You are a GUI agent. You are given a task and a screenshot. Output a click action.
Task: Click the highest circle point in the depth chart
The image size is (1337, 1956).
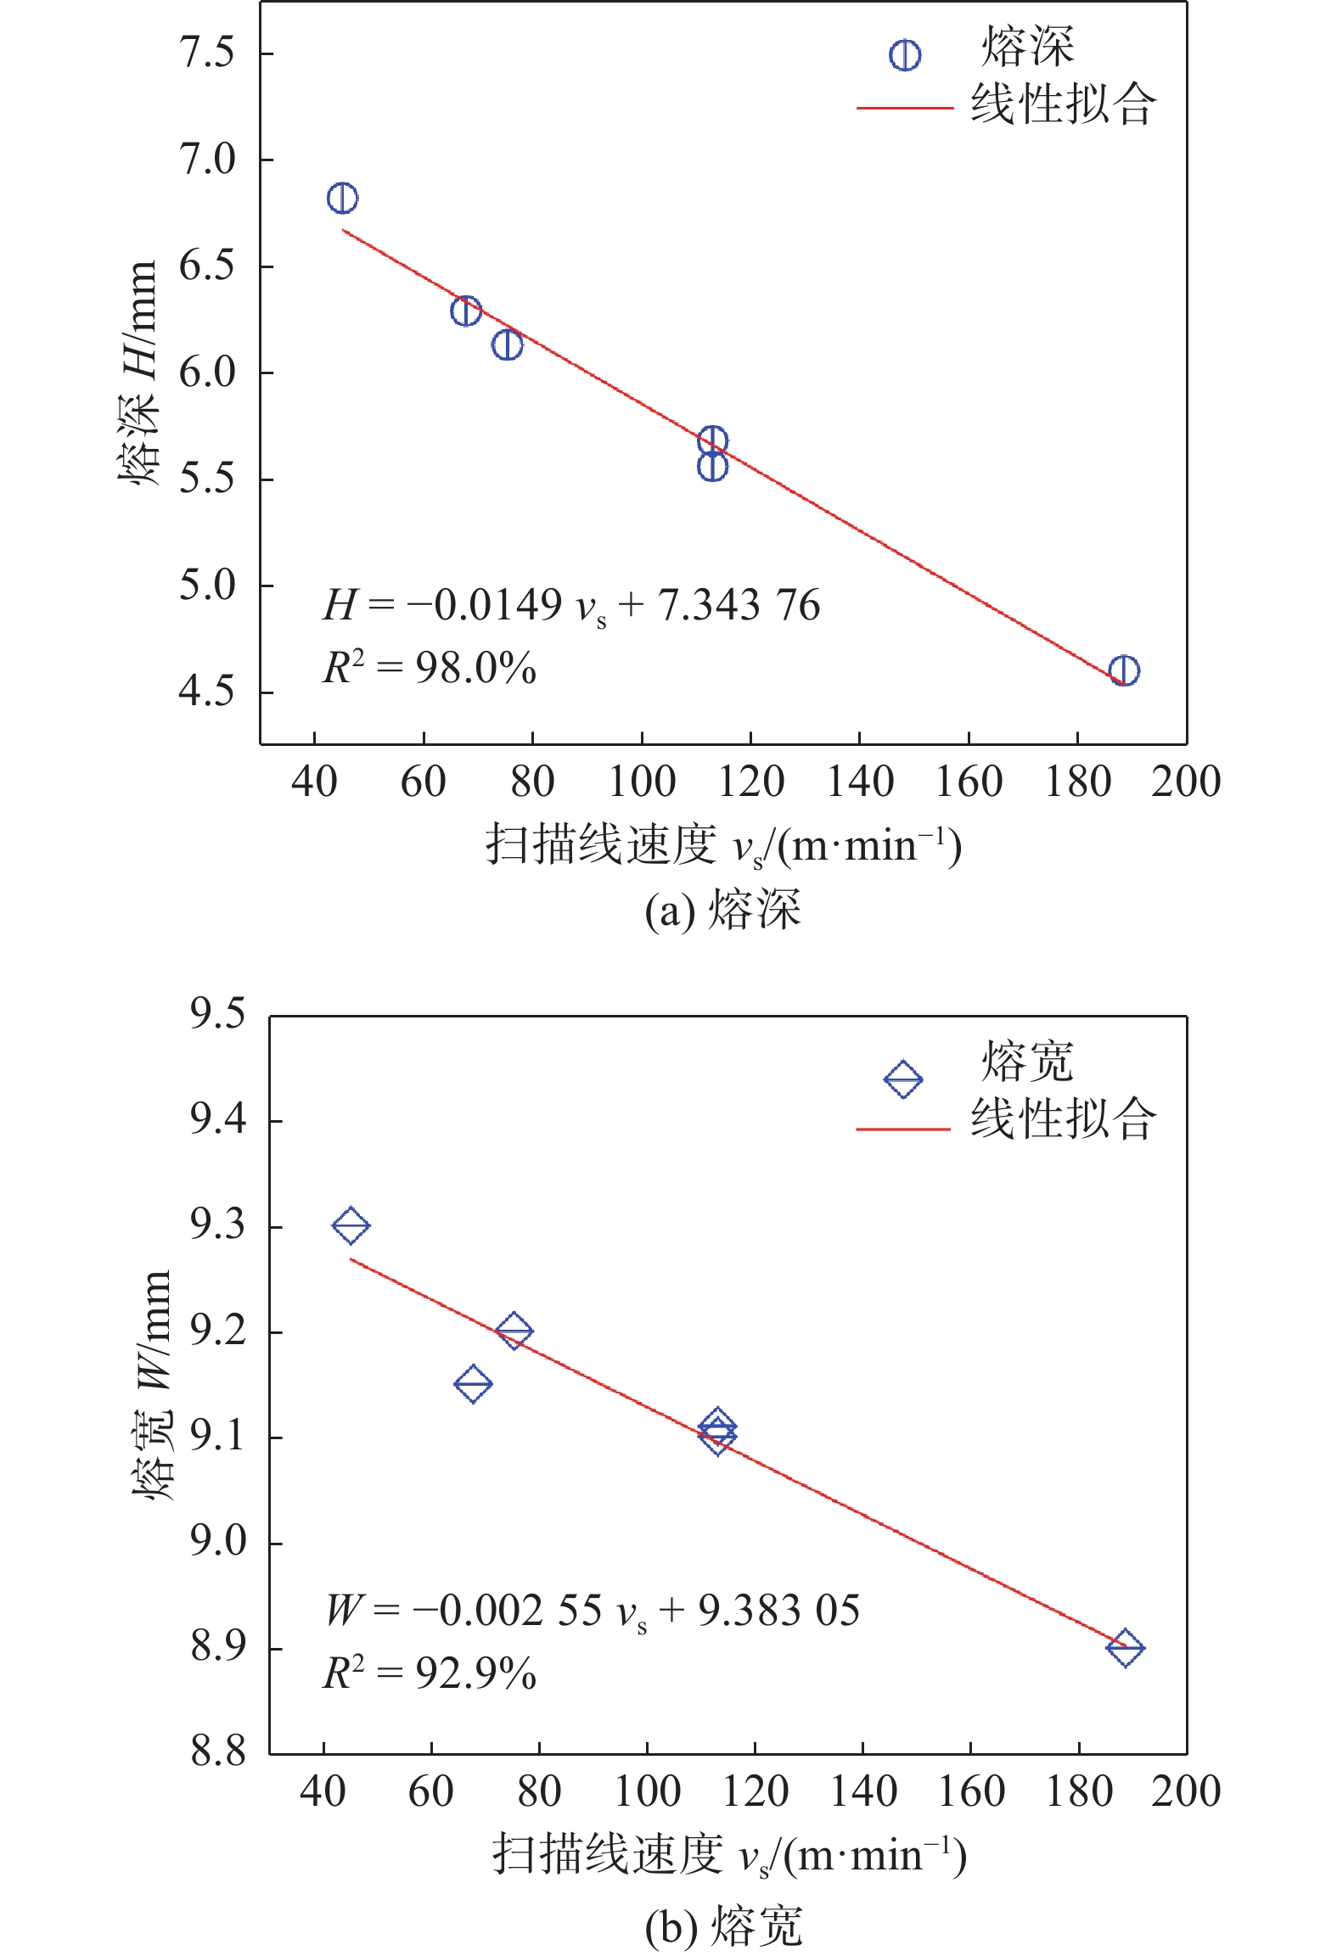[x=342, y=199]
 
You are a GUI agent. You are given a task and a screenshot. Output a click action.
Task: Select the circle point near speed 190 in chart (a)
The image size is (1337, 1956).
[x=1124, y=670]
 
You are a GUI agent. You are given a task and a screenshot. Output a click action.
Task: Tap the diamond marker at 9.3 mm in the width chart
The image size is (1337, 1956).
[x=351, y=1225]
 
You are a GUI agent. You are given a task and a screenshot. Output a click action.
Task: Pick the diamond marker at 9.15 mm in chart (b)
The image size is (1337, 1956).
[x=473, y=1384]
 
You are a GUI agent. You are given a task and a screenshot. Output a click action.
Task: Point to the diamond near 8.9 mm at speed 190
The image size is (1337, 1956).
[x=1126, y=1647]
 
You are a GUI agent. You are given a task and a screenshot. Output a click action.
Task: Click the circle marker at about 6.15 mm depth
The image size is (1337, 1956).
[x=507, y=345]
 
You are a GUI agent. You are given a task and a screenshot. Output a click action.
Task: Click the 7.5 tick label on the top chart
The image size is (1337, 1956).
[x=206, y=53]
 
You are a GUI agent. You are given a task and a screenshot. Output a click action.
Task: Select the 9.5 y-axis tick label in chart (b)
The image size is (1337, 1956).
[x=217, y=1014]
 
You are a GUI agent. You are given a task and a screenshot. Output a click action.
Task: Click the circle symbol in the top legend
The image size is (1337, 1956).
[x=904, y=55]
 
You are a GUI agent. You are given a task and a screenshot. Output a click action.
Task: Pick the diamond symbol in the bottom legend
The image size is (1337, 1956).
[x=902, y=1079]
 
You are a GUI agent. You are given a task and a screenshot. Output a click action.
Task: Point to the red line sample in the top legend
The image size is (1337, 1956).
[x=904, y=109]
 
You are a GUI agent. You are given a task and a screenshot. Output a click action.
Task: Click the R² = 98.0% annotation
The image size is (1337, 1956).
[x=430, y=669]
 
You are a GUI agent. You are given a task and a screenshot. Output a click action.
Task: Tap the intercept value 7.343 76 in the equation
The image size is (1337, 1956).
[x=739, y=606]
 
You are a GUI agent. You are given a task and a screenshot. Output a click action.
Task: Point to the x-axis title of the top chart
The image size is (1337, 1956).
[x=723, y=846]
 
